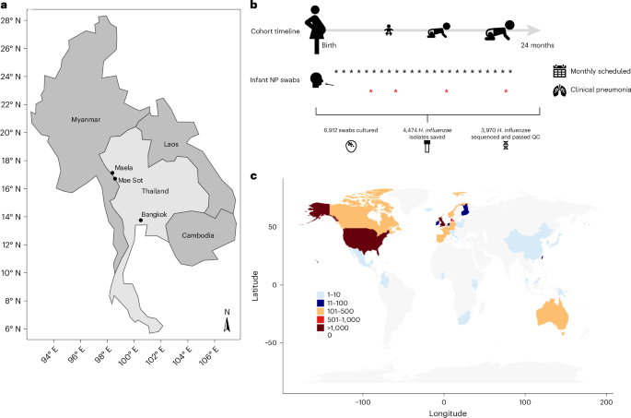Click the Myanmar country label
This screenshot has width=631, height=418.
[88, 118]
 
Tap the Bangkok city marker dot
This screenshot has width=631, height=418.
[140, 220]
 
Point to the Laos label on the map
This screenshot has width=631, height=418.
[170, 144]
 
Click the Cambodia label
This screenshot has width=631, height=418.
[197, 235]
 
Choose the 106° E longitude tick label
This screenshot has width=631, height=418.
[210, 354]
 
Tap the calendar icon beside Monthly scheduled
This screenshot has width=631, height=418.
[559, 70]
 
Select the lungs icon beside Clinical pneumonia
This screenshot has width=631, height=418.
[559, 90]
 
